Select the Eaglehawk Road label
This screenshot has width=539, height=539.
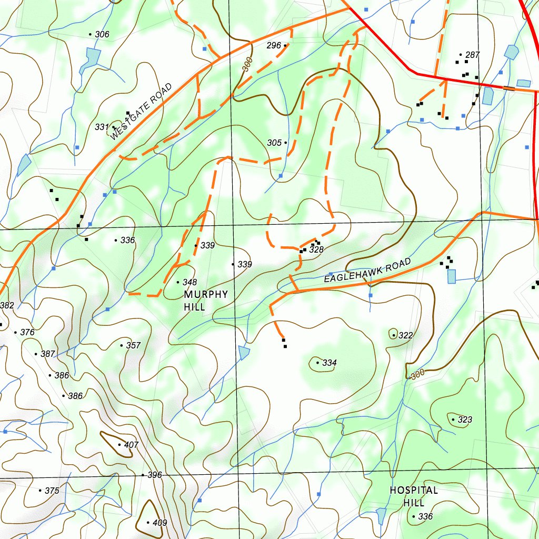click(x=367, y=271)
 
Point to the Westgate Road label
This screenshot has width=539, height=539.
click(x=142, y=112)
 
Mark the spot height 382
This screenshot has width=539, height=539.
click(x=6, y=306)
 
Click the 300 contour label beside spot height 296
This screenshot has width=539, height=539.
click(x=248, y=64)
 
